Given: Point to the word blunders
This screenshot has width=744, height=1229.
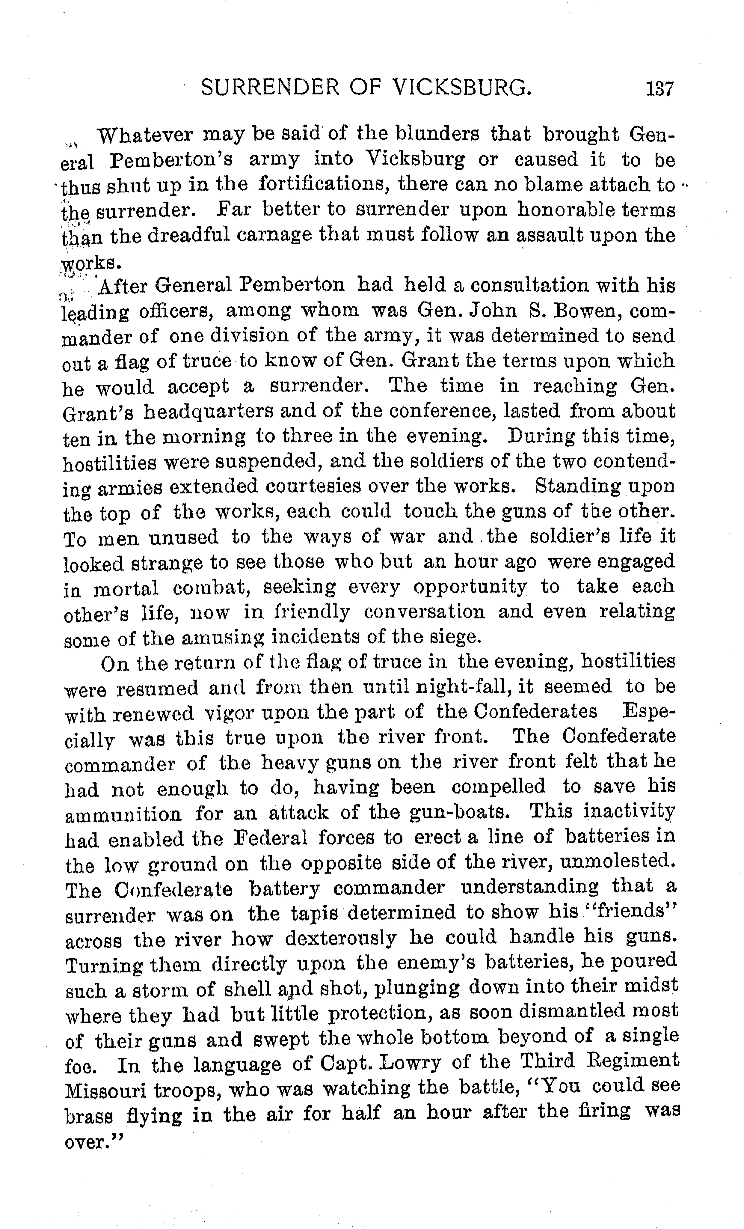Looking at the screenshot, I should click(x=437, y=135).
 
